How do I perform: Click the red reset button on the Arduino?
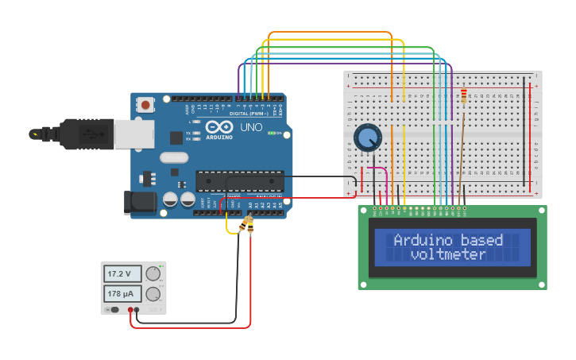point(146,104)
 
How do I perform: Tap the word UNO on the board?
point(251,127)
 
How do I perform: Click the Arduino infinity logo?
point(218,126)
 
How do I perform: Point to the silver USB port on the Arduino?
point(133,134)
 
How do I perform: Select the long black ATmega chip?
point(239,181)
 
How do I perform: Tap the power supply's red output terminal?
point(130,310)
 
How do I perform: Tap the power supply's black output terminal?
point(137,310)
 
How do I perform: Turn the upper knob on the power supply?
point(153,274)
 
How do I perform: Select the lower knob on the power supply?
point(153,294)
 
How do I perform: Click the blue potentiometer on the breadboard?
point(367,138)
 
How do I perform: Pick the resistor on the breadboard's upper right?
point(464,97)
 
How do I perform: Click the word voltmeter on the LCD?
point(448,254)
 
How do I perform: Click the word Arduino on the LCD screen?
point(420,240)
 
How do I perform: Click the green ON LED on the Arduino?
point(272,133)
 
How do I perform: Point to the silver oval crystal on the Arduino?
point(174,157)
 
